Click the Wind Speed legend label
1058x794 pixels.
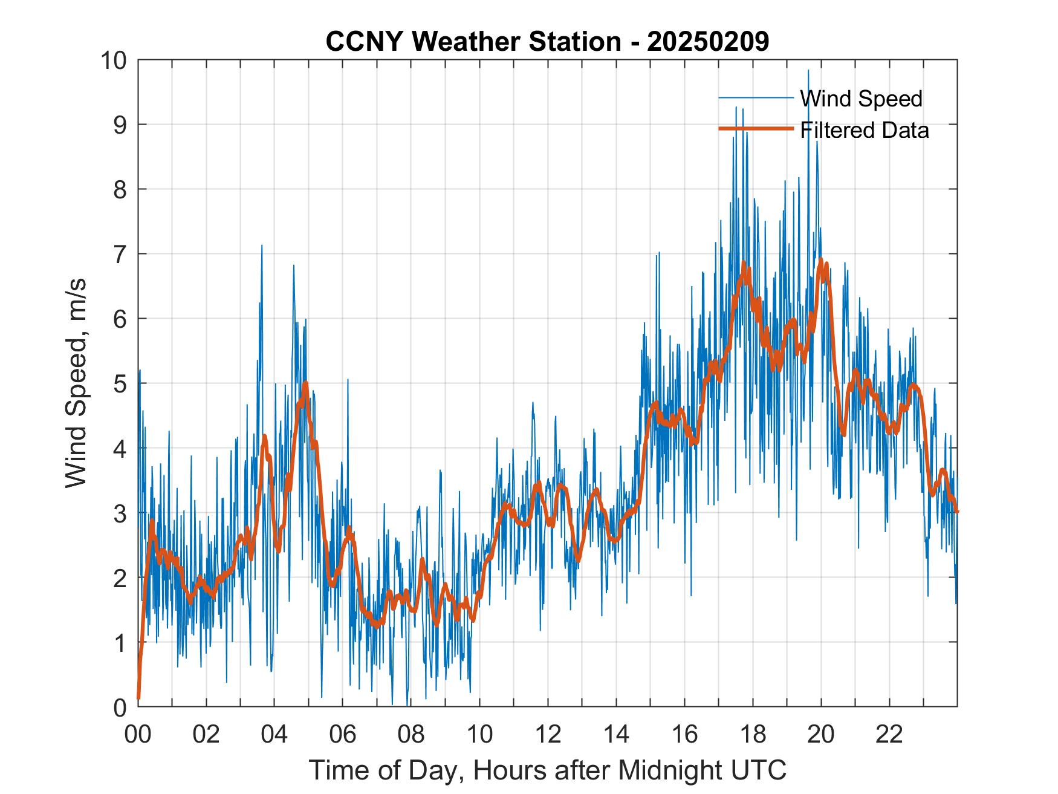click(x=861, y=99)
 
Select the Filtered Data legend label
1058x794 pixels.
click(x=864, y=130)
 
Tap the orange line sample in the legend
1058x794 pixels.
click(x=756, y=129)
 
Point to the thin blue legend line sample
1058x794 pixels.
click(x=756, y=98)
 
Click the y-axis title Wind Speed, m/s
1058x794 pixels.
click(x=76, y=383)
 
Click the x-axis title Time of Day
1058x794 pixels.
click(x=547, y=770)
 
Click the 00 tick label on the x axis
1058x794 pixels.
click(x=138, y=735)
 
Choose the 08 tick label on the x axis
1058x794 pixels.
click(x=411, y=735)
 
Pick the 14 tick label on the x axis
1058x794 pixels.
click(x=616, y=735)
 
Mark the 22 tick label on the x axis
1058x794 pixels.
click(x=889, y=735)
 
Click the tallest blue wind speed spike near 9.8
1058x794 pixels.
click(x=808, y=71)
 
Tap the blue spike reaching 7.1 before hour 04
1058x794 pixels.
click(x=262, y=246)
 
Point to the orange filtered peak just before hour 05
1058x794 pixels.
click(x=305, y=383)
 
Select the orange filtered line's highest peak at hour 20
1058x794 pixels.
click(x=821, y=260)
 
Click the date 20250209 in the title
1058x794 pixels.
click(x=708, y=42)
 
